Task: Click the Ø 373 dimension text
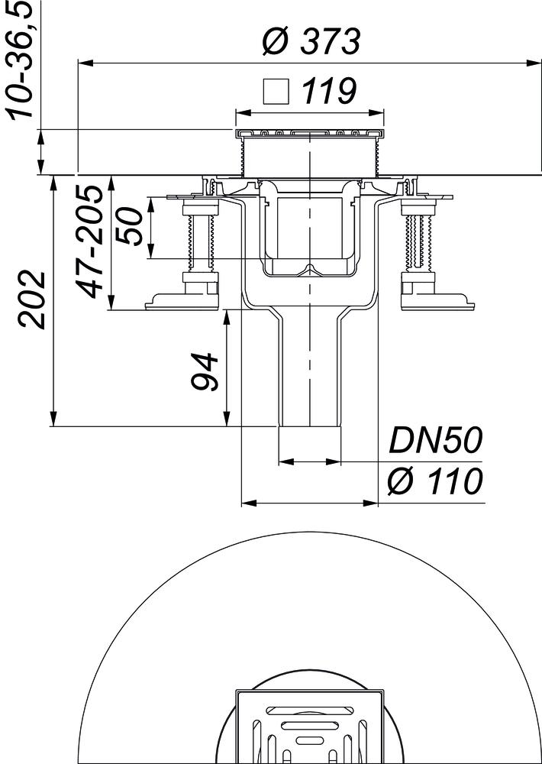click(310, 43)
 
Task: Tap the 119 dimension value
click(328, 92)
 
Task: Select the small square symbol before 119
click(276, 92)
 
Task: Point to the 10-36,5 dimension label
click(21, 60)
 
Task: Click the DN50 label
click(435, 441)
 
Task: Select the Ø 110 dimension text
click(435, 482)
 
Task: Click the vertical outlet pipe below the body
click(309, 374)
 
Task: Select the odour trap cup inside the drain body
click(309, 237)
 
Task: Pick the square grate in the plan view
click(309, 730)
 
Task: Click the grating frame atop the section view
click(309, 134)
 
